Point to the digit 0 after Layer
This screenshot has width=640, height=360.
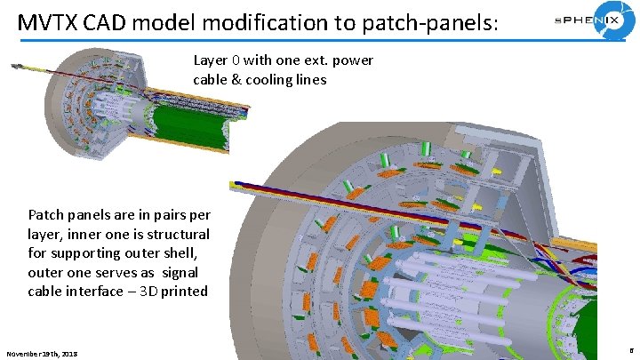(x=236, y=60)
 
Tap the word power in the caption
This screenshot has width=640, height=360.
(x=353, y=60)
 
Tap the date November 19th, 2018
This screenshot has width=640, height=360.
(x=42, y=354)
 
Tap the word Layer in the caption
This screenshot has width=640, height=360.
(x=210, y=60)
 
